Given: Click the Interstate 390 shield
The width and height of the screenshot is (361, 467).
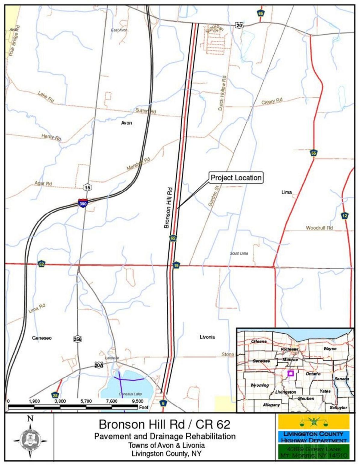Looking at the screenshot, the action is [83, 203].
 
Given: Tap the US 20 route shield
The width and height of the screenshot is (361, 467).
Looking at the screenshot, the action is [239, 25].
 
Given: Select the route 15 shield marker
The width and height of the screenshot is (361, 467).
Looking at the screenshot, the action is [87, 187].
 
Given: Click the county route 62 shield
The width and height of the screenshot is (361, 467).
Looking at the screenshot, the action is [173, 238].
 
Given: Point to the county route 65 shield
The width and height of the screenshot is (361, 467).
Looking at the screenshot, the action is [261, 13].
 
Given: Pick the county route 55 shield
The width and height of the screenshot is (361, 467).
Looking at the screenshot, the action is [314, 153].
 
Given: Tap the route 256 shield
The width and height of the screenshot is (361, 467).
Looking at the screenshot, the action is [78, 339].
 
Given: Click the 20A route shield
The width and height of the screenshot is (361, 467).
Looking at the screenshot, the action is [99, 365].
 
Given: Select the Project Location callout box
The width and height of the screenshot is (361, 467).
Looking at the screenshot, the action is [236, 178].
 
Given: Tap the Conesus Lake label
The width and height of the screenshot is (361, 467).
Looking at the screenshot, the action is [130, 394].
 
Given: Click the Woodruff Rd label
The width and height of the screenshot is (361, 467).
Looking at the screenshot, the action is [319, 228].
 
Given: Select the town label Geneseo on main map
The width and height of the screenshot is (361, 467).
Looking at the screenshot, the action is [42, 338].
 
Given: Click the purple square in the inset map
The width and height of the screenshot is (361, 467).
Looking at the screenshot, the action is [290, 373].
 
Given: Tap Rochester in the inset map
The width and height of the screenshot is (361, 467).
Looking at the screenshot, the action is [289, 349].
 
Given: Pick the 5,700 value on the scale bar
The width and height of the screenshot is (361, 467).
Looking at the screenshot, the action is [86, 401].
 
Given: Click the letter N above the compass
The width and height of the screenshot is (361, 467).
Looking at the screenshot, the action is [30, 419].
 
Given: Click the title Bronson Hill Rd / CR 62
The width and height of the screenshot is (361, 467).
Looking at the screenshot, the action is [165, 424].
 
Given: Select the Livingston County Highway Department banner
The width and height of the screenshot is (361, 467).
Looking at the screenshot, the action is [314, 437].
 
